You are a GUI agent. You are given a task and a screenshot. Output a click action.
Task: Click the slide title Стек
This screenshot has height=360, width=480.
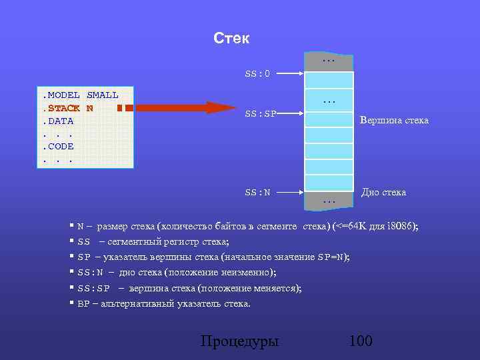coord(231,39)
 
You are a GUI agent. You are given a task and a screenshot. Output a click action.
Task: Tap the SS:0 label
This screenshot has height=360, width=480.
coord(257,73)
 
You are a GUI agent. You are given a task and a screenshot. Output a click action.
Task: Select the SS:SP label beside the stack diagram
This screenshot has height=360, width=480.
coord(260,113)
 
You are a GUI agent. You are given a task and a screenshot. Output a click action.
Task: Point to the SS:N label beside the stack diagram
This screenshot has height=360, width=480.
coord(257,193)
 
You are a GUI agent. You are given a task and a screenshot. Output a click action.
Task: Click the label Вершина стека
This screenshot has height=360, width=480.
coord(394,121)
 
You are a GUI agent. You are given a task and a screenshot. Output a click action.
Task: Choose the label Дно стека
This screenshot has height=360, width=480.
coord(383,192)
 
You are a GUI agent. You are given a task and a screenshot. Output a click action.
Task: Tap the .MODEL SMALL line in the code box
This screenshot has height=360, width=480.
coord(81,95)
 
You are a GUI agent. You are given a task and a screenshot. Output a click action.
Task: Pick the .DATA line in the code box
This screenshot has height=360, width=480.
coord(59,121)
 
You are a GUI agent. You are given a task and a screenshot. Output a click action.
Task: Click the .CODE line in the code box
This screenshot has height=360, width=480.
coord(59,146)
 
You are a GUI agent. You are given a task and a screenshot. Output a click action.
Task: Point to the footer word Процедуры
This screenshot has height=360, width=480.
coord(239,341)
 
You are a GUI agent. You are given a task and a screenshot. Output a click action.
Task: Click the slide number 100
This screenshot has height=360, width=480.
coord(360,341)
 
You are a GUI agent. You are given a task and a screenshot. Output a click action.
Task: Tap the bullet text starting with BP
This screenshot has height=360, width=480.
coord(164,304)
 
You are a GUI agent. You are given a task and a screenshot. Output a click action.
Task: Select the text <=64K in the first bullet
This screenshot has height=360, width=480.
coord(352,227)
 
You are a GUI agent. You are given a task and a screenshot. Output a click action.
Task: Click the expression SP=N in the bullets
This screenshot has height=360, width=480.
coord(332,257)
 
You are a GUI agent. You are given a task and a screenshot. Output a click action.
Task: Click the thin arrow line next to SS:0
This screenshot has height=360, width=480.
coord(292,73)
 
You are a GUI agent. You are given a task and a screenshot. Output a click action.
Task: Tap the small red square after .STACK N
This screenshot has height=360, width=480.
coord(119,108)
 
